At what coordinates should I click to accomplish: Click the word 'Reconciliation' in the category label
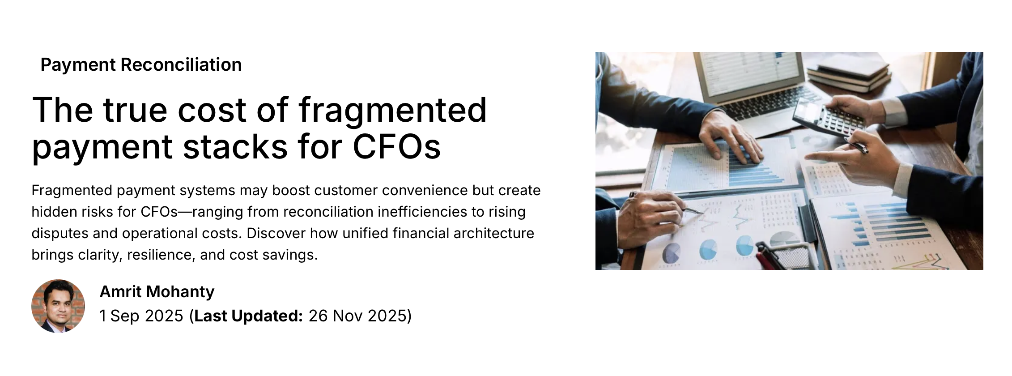click(x=181, y=65)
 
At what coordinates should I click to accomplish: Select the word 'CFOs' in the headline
click(x=397, y=146)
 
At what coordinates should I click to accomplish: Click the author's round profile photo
click(x=58, y=306)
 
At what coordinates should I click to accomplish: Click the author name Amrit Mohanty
click(x=157, y=292)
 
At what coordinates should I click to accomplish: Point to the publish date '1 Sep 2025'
click(x=141, y=316)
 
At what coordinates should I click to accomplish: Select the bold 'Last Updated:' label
click(x=249, y=316)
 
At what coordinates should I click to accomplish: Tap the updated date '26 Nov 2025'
click(x=357, y=316)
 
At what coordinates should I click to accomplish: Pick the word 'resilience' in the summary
click(x=159, y=255)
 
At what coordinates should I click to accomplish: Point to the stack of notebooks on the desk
click(x=848, y=74)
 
